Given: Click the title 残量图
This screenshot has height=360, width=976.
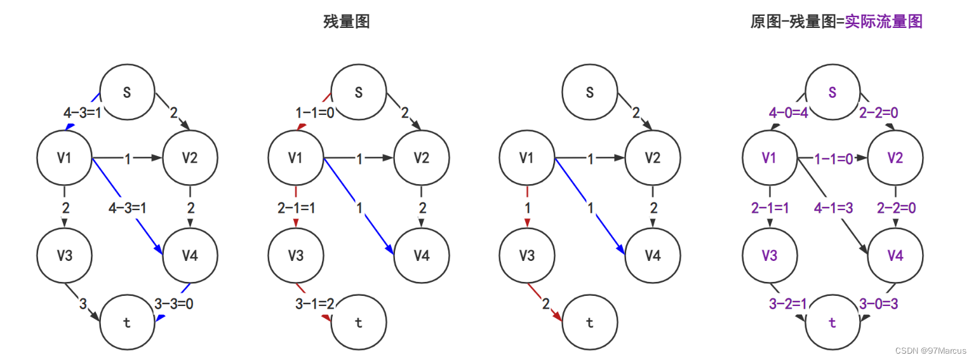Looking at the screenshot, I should tap(346, 22).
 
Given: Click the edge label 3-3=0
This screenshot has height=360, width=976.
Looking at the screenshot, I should tap(174, 304).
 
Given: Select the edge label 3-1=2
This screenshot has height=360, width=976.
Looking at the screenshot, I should tap(315, 304).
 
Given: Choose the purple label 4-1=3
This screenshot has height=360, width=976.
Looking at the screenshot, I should tap(833, 207).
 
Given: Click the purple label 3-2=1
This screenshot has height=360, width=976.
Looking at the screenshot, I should tap(788, 304).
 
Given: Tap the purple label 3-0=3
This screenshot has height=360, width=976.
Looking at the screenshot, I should tap(878, 304).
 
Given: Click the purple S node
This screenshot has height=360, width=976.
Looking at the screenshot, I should tap(832, 92).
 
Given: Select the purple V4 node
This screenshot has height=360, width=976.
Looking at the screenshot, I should tap(895, 256).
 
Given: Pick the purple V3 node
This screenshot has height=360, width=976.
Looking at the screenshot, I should tap(769, 256).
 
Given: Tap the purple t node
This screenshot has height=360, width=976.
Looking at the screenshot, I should tap(832, 323).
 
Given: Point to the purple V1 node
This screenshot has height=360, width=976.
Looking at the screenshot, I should tap(769, 158).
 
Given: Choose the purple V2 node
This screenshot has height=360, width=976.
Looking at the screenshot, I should tap(895, 158).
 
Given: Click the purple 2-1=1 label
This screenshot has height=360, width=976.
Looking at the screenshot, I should tap(770, 207).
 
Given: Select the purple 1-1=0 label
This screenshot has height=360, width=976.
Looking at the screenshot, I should tap(833, 159).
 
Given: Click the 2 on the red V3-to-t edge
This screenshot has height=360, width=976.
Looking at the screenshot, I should tap(545, 304).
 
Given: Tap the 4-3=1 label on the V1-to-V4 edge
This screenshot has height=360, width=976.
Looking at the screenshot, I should tap(128, 207).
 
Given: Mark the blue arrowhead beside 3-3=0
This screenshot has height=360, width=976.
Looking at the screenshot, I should tap(161, 317).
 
